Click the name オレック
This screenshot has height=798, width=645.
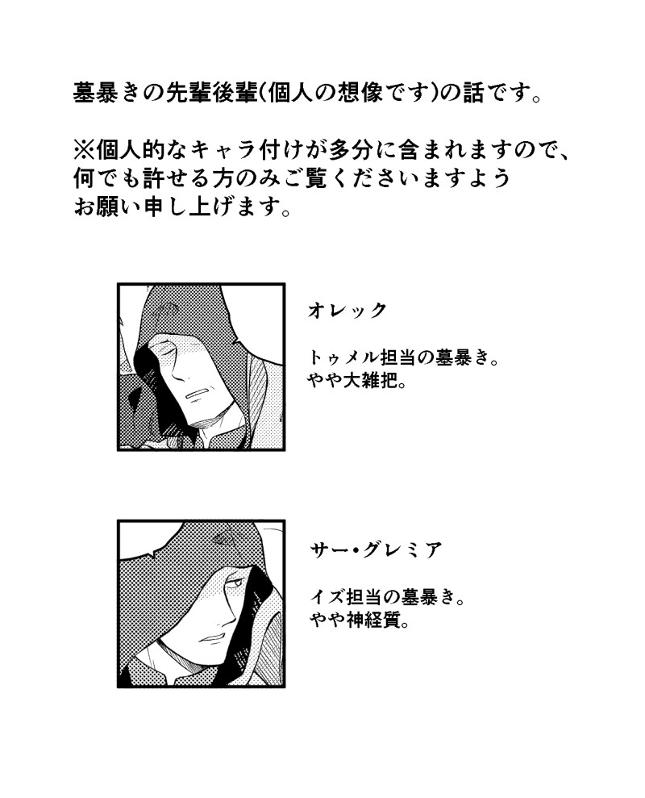[347, 311]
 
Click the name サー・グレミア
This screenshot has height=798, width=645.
[376, 550]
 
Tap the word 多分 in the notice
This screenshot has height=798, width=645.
[364, 152]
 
